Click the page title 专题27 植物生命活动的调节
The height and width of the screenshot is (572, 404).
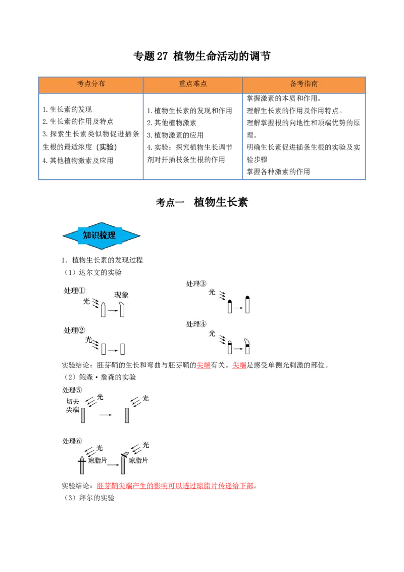pyautogui.click(x=201, y=56)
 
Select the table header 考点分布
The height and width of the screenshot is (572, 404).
pyautogui.click(x=91, y=84)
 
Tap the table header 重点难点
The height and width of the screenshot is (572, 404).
pyautogui.click(x=192, y=84)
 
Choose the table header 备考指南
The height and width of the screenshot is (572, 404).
pyautogui.click(x=304, y=84)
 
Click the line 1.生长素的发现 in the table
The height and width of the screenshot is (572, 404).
pyautogui.click(x=67, y=110)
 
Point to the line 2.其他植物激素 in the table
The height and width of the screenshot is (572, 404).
pyautogui.click(x=172, y=123)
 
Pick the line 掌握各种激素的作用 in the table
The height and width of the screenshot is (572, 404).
pyautogui.click(x=278, y=171)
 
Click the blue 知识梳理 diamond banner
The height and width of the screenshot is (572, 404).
pyautogui.click(x=102, y=235)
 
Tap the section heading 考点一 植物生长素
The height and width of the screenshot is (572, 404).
pyautogui.click(x=201, y=202)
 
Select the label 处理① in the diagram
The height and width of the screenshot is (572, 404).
pyautogui.click(x=74, y=291)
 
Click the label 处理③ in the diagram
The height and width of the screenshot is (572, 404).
pyautogui.click(x=196, y=283)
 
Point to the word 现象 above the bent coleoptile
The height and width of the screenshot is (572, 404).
pyautogui.click(x=121, y=295)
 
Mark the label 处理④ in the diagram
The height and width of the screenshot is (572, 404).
pyautogui.click(x=196, y=324)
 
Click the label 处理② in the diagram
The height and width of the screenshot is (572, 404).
pyautogui.click(x=74, y=330)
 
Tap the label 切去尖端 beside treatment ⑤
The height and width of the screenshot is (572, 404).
pyautogui.click(x=73, y=405)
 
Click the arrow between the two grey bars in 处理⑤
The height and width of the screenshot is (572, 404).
pyautogui.click(x=106, y=415)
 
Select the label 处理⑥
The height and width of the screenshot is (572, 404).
pyautogui.click(x=72, y=441)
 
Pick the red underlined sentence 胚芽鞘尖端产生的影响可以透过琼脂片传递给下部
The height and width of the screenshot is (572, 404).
pyautogui.click(x=175, y=486)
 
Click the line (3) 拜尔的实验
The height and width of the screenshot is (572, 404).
pyautogui.click(x=89, y=498)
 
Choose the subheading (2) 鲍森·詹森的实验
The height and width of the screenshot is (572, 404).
pyautogui.click(x=100, y=377)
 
